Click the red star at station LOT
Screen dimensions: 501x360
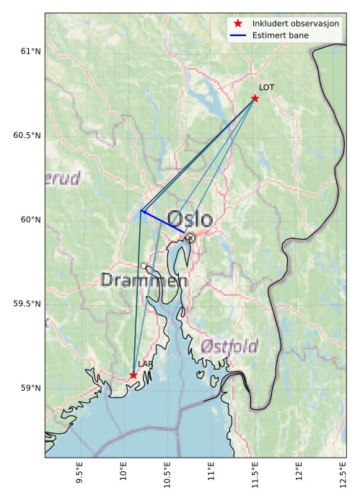click(255, 98)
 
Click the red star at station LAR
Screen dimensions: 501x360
click(133, 375)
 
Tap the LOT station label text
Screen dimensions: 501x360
click(266, 87)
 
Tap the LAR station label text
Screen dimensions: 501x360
click(145, 365)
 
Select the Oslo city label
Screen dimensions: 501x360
click(190, 219)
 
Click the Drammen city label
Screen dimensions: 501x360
click(144, 280)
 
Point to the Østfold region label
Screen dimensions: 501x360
click(229, 346)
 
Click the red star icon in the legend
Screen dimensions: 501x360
click(238, 24)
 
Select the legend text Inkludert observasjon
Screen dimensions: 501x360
click(295, 24)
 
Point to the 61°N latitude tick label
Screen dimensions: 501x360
click(31, 51)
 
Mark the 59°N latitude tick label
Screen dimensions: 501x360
click(31, 388)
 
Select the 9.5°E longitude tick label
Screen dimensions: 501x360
click(79, 476)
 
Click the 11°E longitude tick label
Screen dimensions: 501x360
click(211, 476)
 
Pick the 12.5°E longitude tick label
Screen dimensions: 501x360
click(342, 476)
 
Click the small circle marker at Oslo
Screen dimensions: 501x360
click(190, 237)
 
